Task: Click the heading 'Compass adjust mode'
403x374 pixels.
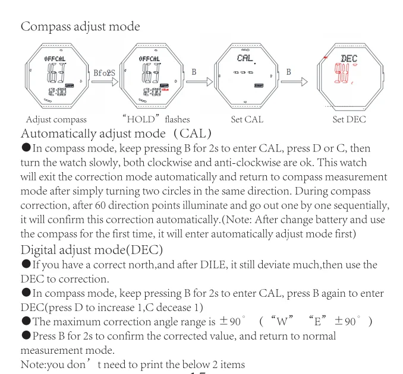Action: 80,27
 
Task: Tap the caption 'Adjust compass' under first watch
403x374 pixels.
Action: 56,120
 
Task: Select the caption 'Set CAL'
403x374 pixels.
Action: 247,120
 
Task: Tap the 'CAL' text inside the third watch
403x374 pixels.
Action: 245,59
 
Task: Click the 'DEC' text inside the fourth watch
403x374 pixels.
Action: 348,59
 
